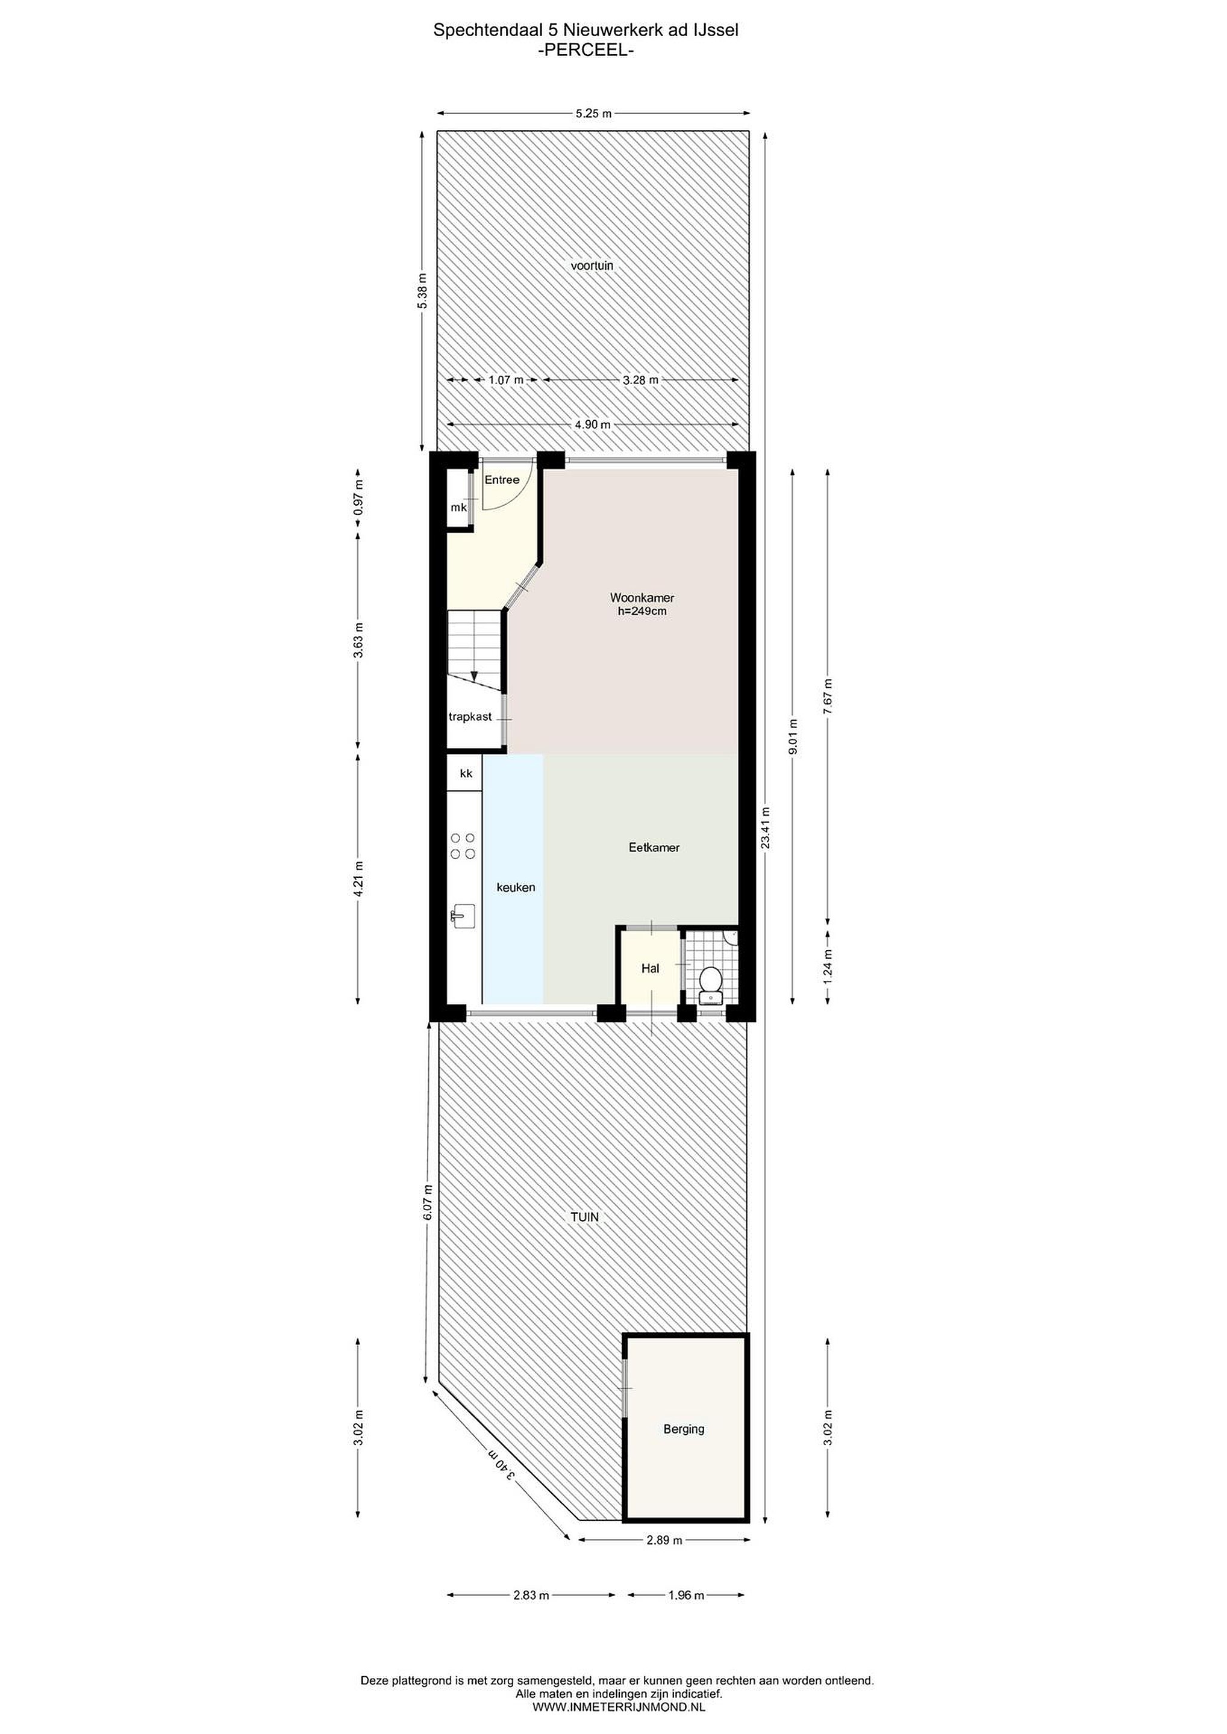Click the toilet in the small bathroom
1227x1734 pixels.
(710, 983)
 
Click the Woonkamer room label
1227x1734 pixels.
(642, 598)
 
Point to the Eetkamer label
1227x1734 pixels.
(654, 847)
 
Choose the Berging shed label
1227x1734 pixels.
(684, 1428)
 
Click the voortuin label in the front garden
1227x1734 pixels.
(592, 266)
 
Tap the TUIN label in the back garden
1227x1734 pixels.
(585, 1217)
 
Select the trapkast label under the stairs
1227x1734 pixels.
(470, 716)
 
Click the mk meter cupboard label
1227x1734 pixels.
(458, 508)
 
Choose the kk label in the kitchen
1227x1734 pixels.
(466, 773)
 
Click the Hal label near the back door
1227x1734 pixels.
(650, 968)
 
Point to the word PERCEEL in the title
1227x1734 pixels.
(585, 51)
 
